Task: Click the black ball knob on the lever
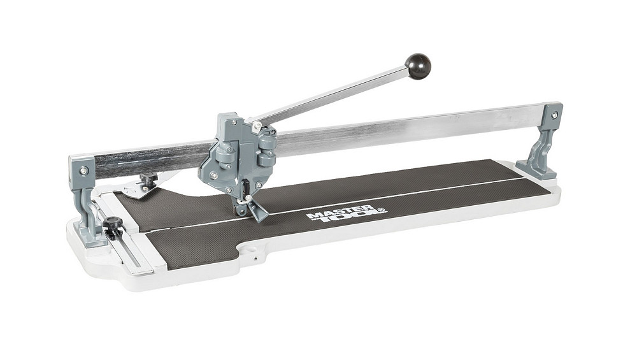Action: tap(418, 66)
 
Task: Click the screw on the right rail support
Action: tap(554, 115)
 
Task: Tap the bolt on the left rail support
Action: tap(83, 171)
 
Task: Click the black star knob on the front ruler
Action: tap(113, 224)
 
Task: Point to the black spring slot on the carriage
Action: tap(246, 189)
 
